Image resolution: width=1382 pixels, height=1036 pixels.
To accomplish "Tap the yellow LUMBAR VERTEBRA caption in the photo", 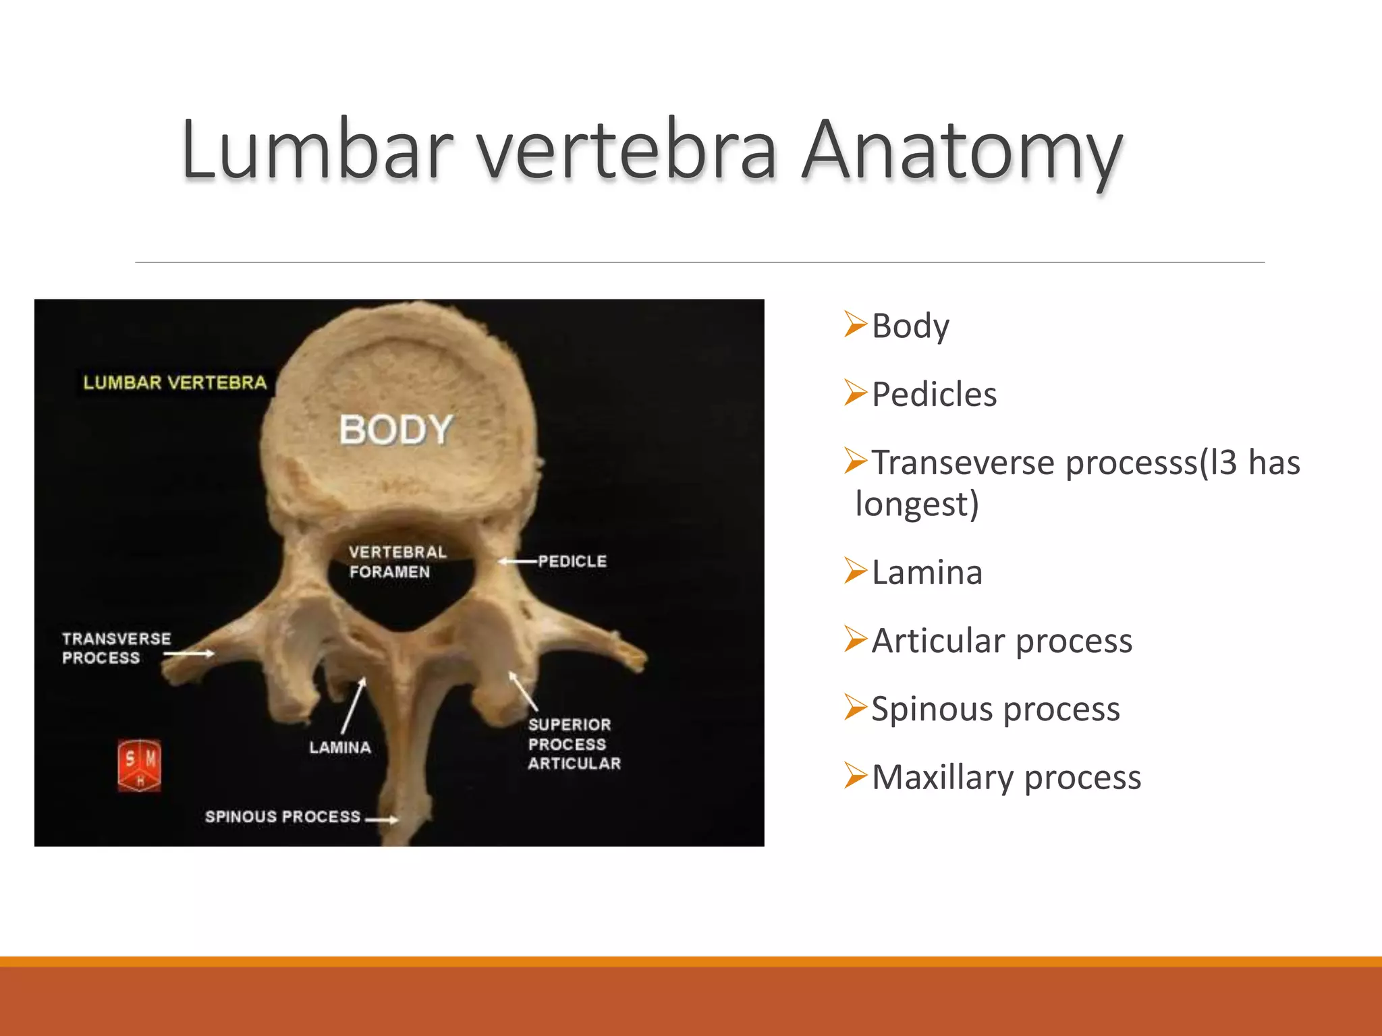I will [x=175, y=382].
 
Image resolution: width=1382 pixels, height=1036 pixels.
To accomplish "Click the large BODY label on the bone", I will [x=395, y=430].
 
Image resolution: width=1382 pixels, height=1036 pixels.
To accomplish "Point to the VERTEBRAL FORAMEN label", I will [x=397, y=562].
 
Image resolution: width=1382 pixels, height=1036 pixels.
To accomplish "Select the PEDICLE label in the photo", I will [x=572, y=561].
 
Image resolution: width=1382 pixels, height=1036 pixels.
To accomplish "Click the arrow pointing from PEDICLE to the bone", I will [x=518, y=561].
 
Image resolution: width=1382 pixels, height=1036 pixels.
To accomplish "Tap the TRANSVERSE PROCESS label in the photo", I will [x=116, y=648].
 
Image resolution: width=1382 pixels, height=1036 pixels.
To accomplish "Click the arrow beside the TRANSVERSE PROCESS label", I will [x=190, y=653].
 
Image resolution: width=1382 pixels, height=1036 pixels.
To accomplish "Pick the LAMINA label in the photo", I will [x=340, y=747].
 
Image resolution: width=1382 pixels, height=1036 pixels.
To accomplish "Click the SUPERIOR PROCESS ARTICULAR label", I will [x=574, y=744].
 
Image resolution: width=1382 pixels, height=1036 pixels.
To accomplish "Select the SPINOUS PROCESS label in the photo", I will [x=283, y=817].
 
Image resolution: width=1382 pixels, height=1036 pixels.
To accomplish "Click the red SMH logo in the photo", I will [x=139, y=765].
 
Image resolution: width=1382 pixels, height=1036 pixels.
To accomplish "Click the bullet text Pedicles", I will [x=934, y=395].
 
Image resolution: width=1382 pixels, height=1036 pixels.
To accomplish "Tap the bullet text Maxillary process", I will [x=1006, y=778].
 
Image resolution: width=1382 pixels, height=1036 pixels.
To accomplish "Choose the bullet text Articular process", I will [x=1001, y=641].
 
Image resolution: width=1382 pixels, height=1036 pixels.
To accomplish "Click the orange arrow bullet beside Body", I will [x=855, y=324].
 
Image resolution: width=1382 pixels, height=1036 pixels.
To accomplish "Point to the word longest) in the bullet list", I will [x=916, y=504].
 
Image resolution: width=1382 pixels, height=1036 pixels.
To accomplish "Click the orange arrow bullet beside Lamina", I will [x=855, y=571].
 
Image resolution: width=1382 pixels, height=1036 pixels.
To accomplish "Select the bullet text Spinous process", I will [x=995, y=710].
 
